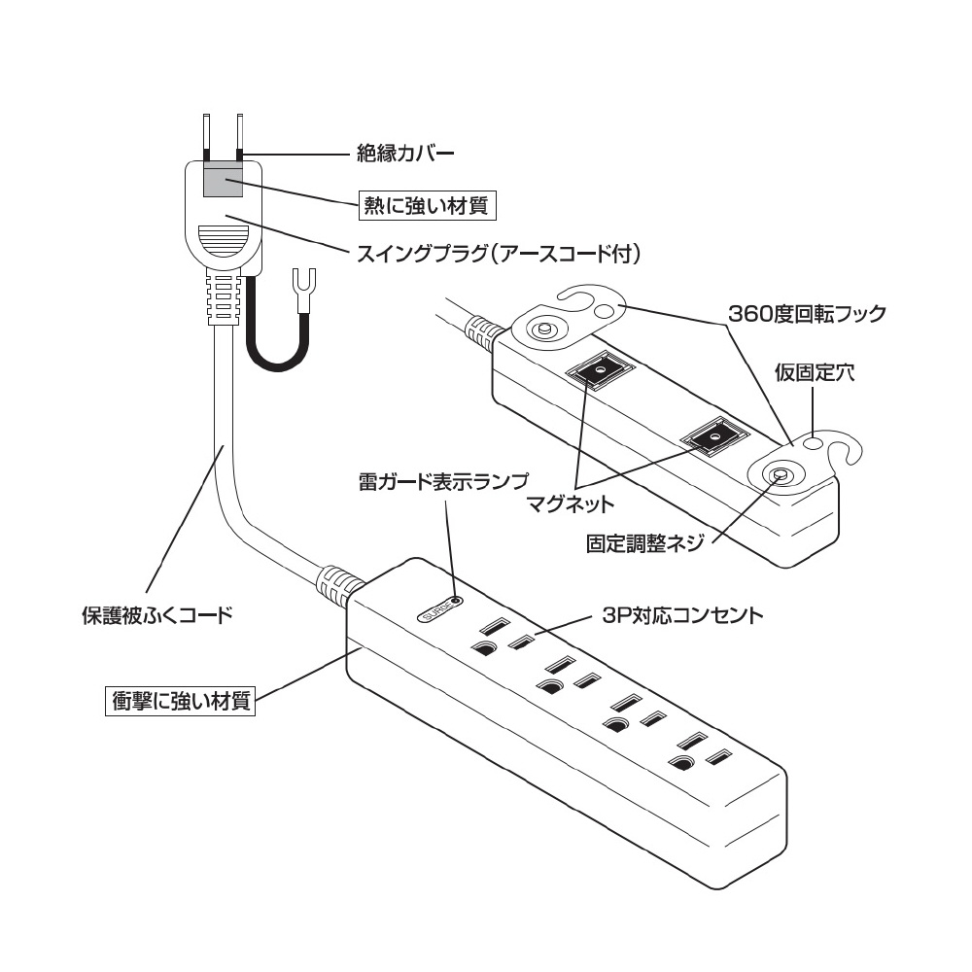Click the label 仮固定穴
815,374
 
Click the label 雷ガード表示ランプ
442,481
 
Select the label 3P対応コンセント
680,615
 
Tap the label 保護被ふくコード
156,614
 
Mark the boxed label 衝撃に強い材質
180,700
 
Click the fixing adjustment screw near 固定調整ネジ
780,475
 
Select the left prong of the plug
207,136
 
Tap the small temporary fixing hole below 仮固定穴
816,443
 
